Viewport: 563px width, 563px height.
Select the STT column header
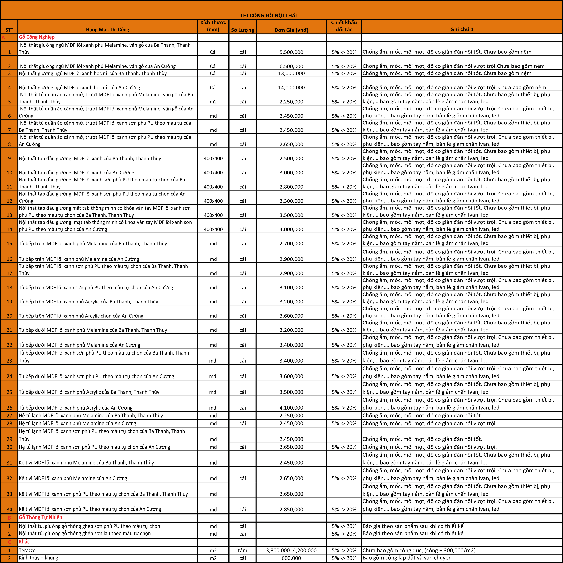(9, 30)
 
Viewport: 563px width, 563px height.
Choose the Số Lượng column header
(242, 30)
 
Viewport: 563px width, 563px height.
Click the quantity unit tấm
(242, 550)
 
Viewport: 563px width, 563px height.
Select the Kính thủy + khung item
(38, 558)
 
